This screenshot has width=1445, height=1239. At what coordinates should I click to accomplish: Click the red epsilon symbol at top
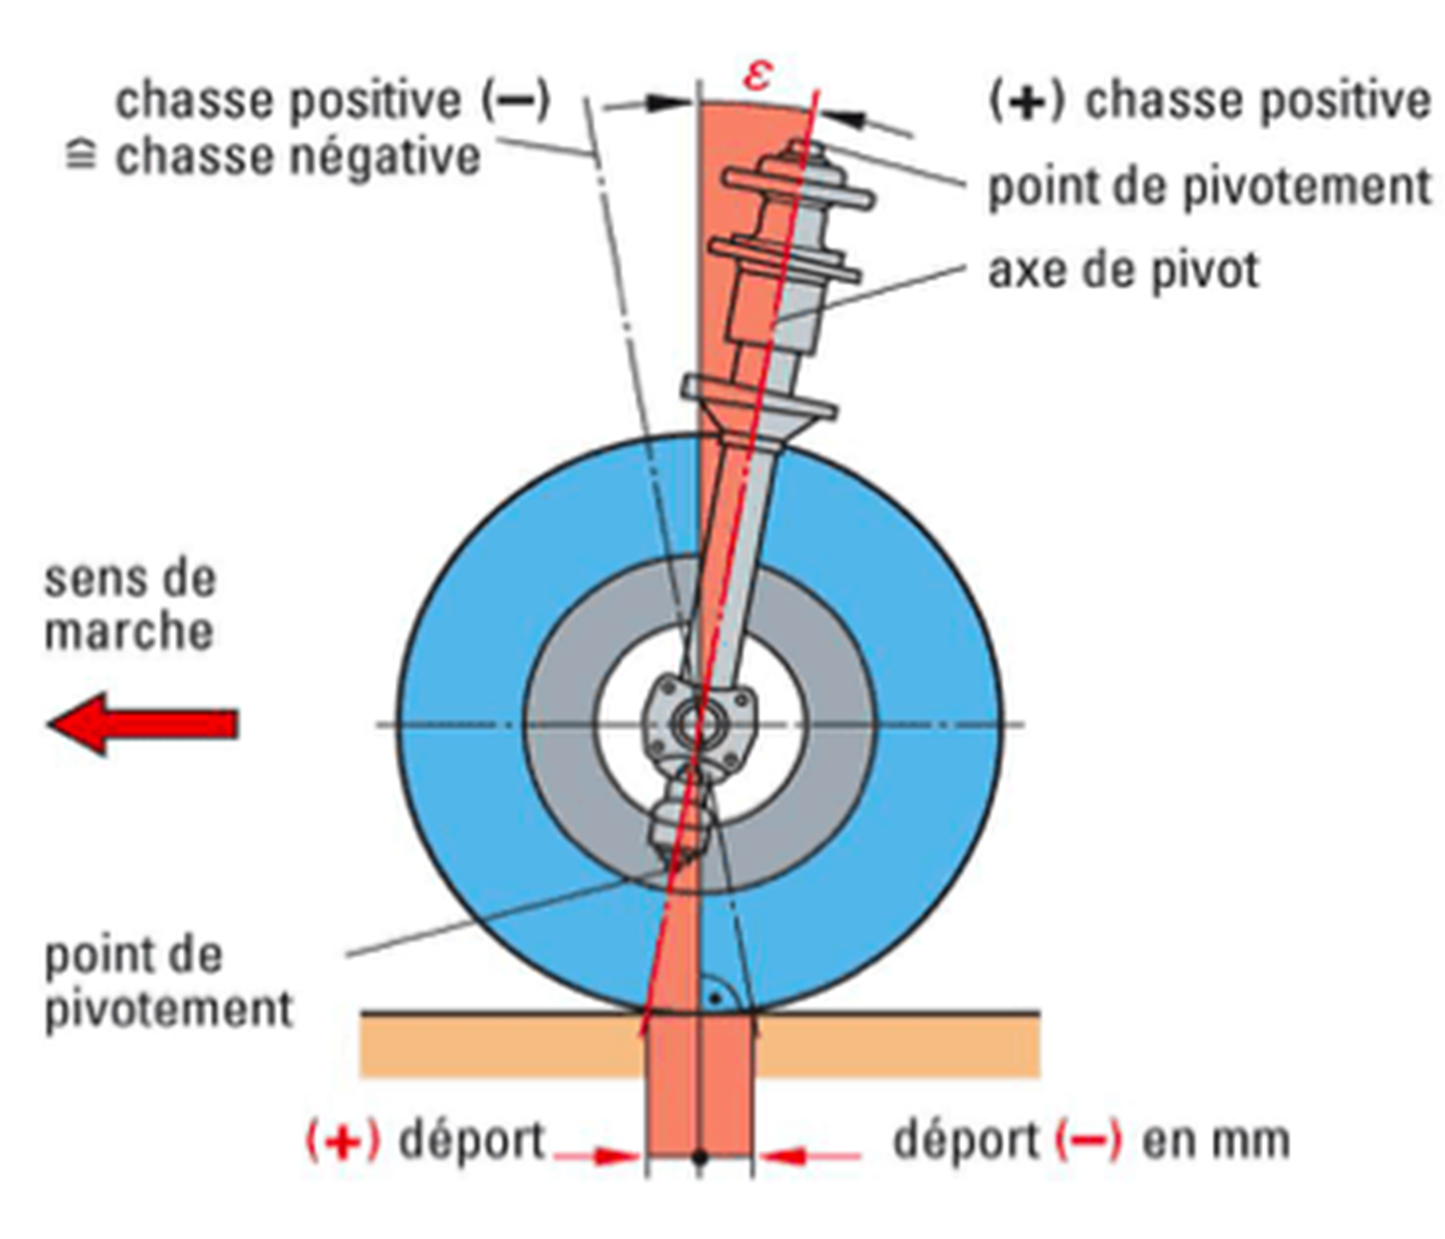click(x=757, y=74)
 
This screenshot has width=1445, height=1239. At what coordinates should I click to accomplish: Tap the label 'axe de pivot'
click(x=1123, y=271)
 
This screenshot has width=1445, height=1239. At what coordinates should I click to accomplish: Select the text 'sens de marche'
click(x=129, y=606)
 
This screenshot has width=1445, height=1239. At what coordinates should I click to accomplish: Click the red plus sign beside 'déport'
click(x=342, y=1140)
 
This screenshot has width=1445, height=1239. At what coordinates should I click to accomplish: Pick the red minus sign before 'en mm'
click(x=1088, y=1140)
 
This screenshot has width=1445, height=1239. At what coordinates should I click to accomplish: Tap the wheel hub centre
click(x=698, y=724)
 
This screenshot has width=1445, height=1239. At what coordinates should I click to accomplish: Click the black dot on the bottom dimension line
click(x=699, y=1156)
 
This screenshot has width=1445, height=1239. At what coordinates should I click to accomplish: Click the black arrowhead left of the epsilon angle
click(x=668, y=103)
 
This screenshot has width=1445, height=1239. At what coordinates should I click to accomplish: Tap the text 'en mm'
click(x=1215, y=1140)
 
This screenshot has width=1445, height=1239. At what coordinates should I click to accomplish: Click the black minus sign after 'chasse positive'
click(x=517, y=101)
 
